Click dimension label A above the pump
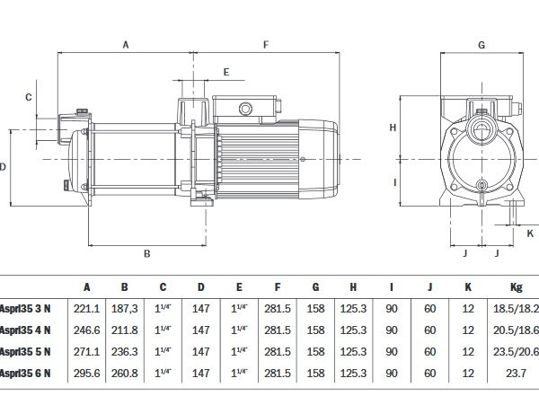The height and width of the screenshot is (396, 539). [126, 44]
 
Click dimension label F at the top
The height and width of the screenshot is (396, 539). [266, 44]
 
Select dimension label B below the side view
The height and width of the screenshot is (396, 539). [146, 254]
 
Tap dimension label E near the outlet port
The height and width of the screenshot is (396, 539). [226, 71]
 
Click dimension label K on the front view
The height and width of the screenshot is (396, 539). [530, 232]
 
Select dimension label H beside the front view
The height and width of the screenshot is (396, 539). [393, 128]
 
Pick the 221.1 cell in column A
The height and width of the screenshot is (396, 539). [87, 308]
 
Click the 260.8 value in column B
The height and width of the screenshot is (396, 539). [125, 373]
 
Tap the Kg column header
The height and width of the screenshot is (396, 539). [516, 287]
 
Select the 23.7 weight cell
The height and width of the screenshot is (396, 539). [516, 373]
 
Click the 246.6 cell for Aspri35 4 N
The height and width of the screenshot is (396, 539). [87, 330]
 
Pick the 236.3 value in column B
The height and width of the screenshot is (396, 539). [125, 351]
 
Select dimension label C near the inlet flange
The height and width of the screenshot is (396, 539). [28, 96]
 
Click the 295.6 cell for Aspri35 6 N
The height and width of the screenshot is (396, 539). [87, 373]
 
